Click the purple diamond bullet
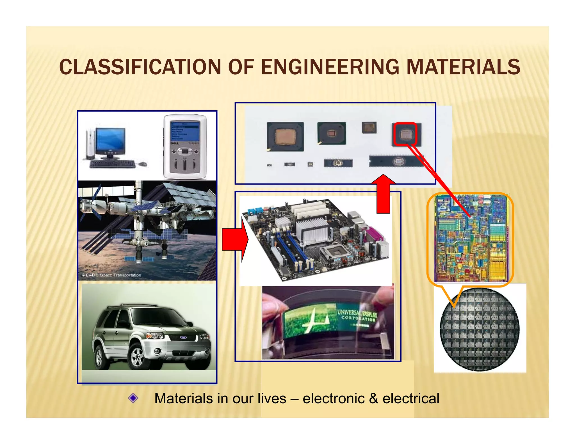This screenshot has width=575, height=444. click(133, 398)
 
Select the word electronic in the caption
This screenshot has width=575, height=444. click(333, 399)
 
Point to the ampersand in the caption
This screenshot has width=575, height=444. click(373, 399)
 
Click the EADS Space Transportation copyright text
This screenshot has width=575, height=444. click(111, 275)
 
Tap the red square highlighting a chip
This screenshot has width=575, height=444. click(405, 134)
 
